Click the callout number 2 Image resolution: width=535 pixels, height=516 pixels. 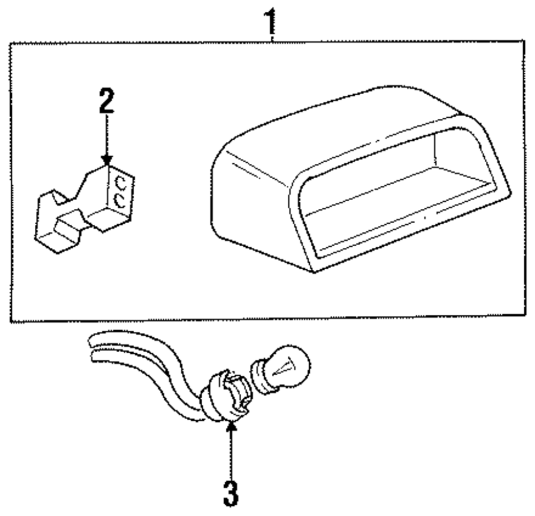(x=107, y=101)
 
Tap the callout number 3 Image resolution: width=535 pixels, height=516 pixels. (x=230, y=493)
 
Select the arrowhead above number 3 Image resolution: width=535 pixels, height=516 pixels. (x=231, y=427)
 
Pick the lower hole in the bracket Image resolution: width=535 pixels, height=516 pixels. (x=120, y=201)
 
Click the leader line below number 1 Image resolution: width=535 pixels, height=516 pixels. (x=273, y=35)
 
